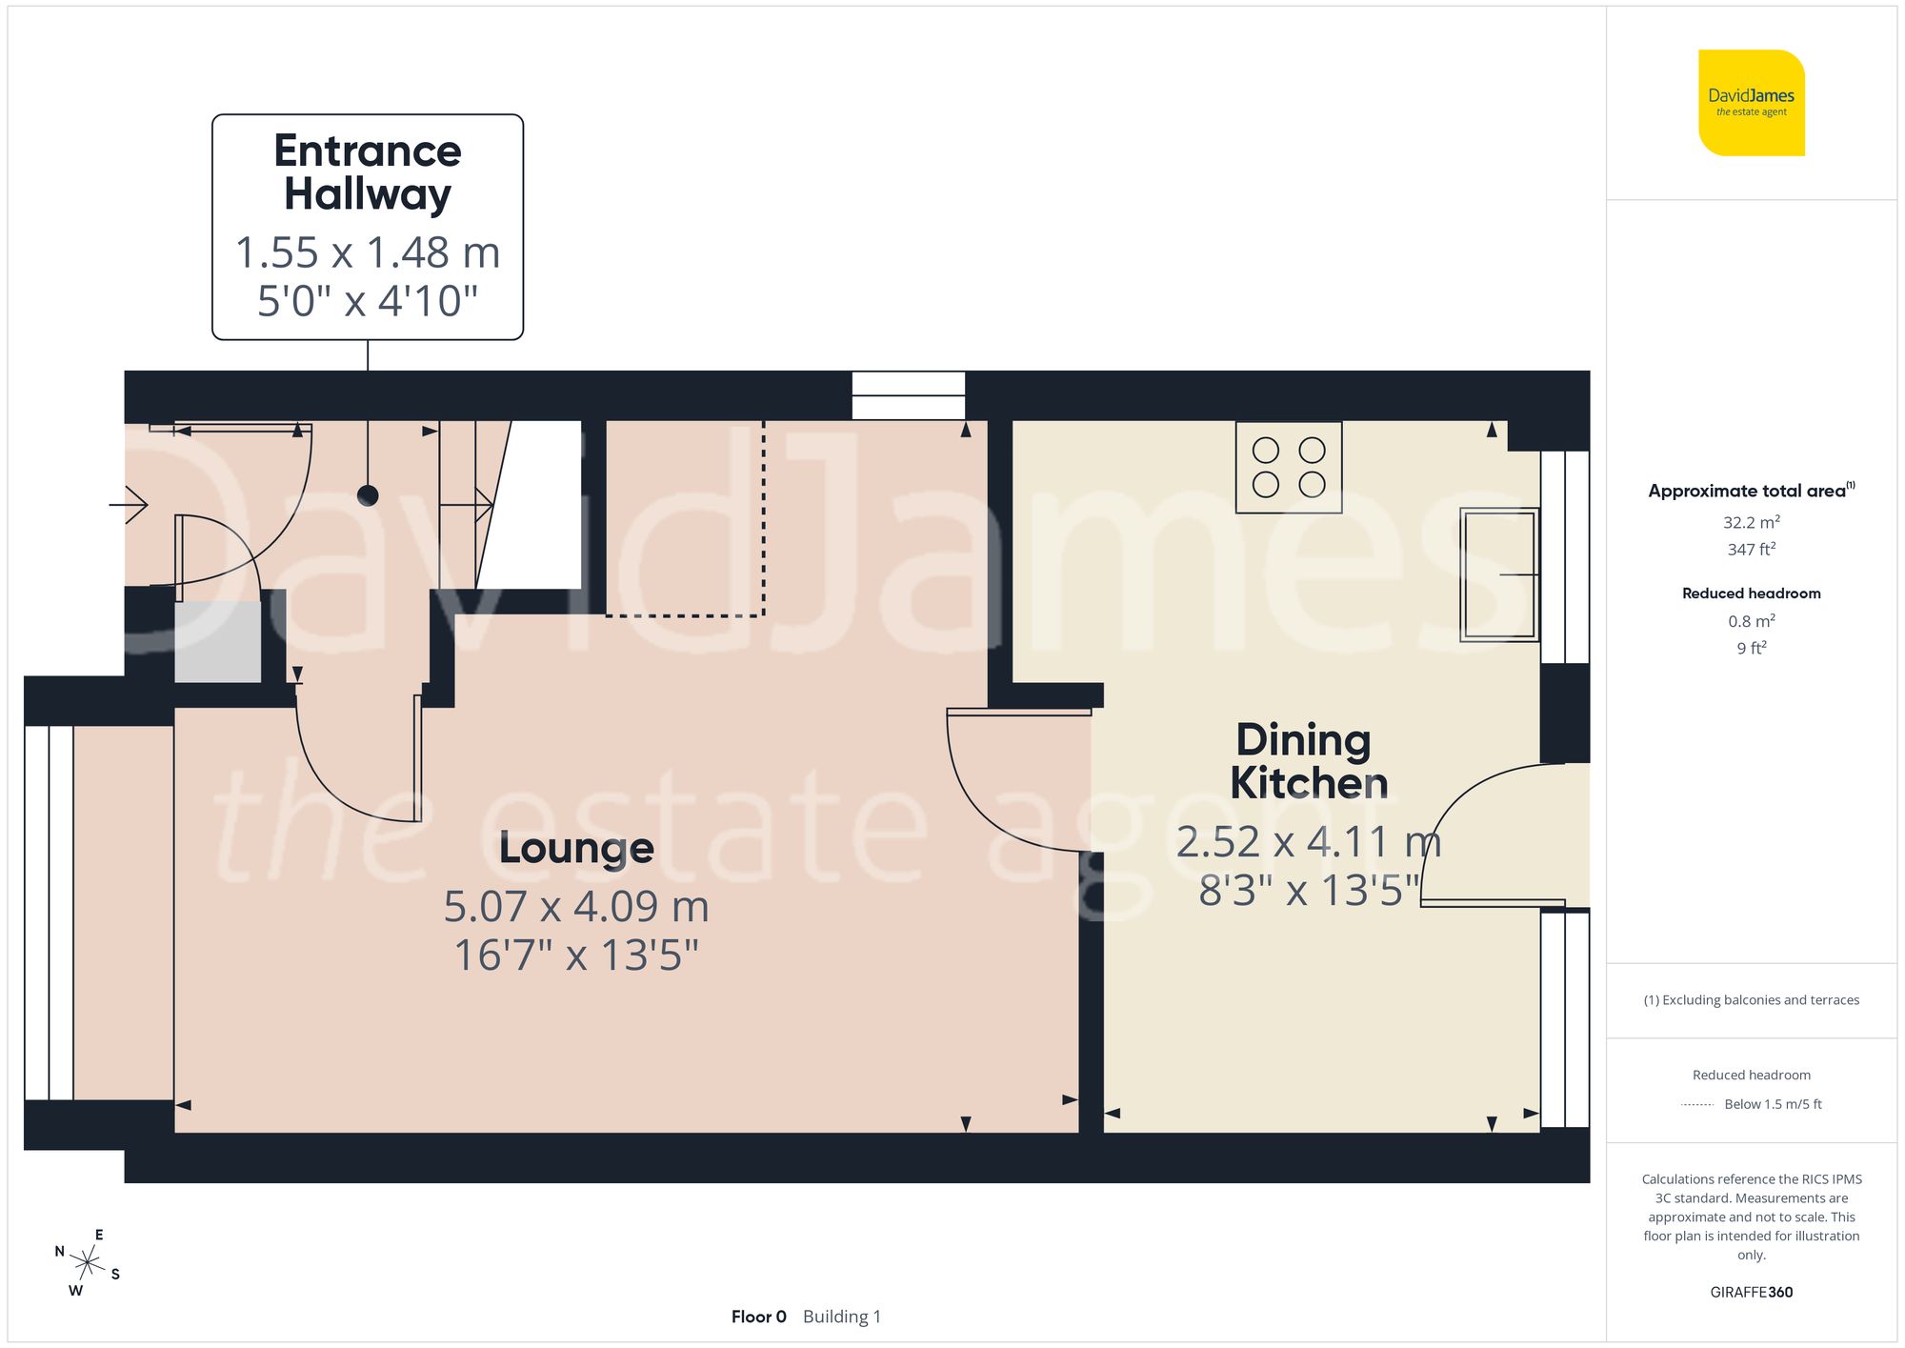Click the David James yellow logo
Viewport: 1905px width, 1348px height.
1751,103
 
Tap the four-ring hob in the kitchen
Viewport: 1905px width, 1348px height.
1288,467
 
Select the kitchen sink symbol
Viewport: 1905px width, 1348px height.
1499,573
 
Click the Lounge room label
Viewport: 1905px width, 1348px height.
576,848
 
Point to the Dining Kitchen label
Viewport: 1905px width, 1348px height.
1307,761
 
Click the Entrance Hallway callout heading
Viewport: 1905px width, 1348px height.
368,172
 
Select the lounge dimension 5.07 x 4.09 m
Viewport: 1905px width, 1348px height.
576,907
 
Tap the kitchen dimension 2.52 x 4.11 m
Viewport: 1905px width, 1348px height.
1308,842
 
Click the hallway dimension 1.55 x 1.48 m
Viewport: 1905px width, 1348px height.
368,253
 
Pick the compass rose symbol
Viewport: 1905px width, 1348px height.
88,1263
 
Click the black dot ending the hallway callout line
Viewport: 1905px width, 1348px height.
368,495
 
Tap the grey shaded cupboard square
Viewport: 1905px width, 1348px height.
218,640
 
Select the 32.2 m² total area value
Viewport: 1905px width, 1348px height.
1751,522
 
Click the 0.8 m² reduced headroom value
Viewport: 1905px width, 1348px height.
1751,621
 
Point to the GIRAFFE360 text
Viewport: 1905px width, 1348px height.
1751,1292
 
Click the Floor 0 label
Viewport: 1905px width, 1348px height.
758,1317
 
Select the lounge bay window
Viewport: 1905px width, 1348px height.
49,913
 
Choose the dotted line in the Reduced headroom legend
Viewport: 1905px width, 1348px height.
1697,1105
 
